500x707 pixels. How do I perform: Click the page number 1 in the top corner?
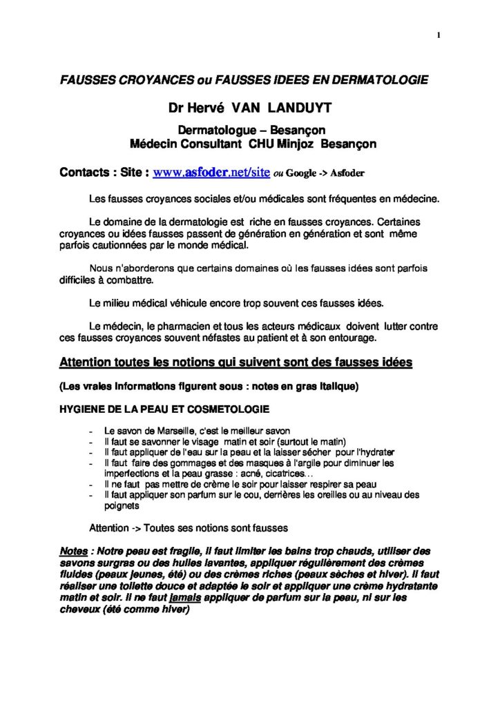pyautogui.click(x=439, y=36)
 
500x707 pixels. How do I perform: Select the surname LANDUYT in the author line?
pyautogui.click(x=300, y=109)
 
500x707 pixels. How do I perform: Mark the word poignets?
pyautogui.click(x=120, y=505)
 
